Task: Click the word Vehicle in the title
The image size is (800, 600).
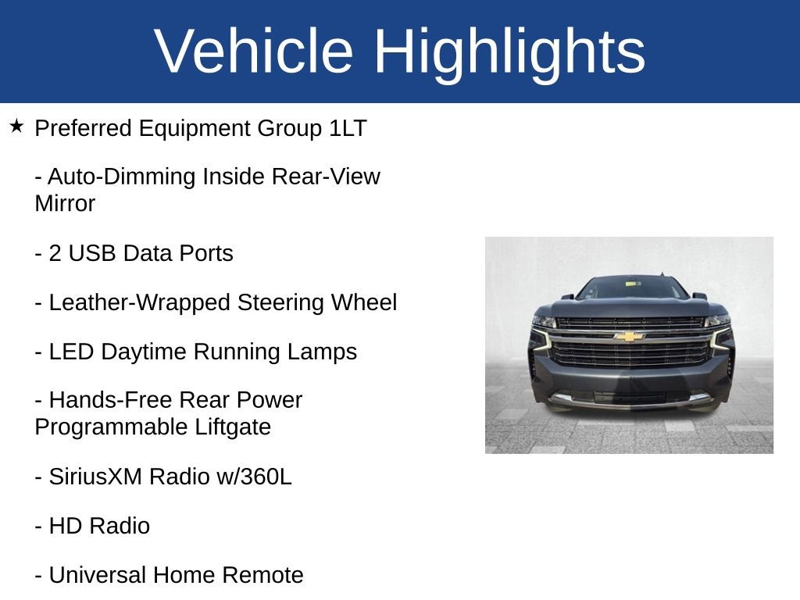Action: pyautogui.click(x=255, y=52)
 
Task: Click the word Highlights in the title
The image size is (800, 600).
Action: pyautogui.click(x=509, y=52)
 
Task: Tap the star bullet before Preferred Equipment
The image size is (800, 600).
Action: pyautogui.click(x=17, y=126)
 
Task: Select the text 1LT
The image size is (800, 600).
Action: pyautogui.click(x=348, y=128)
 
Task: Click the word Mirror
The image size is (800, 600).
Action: pyautogui.click(x=65, y=204)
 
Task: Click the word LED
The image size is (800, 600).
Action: pyautogui.click(x=72, y=352)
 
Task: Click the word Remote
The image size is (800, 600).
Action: pyautogui.click(x=262, y=576)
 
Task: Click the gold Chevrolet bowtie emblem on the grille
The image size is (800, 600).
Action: pyautogui.click(x=629, y=337)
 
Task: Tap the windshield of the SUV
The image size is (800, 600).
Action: pyautogui.click(x=631, y=288)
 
